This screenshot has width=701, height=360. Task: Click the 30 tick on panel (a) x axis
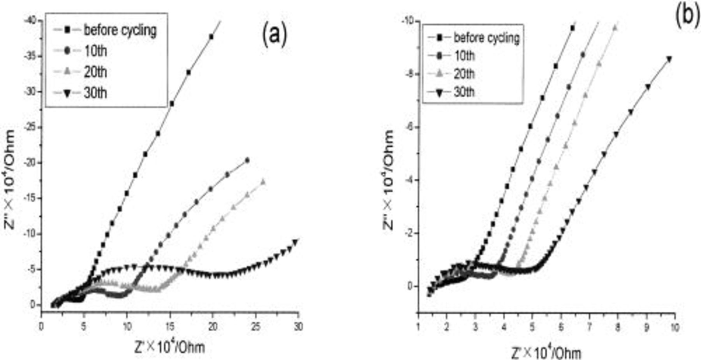click(x=298, y=327)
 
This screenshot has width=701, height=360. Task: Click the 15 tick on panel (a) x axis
click(x=170, y=327)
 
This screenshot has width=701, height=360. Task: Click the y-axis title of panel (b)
click(x=389, y=180)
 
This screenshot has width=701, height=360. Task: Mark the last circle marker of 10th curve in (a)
click(x=247, y=160)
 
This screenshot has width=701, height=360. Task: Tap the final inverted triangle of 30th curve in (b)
click(x=669, y=59)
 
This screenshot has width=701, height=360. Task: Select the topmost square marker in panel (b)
click(x=572, y=28)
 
